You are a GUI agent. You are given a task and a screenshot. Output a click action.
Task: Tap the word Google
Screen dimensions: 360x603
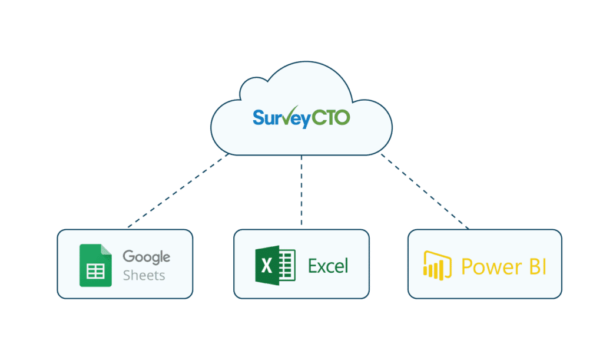146,257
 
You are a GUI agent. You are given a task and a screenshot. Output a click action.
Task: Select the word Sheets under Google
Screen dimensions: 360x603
144,275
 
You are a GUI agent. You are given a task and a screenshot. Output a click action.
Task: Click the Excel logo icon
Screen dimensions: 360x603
274,266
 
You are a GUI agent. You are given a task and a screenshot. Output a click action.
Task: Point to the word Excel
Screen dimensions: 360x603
328,266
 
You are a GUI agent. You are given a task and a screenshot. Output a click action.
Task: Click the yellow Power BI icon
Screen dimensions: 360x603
437,266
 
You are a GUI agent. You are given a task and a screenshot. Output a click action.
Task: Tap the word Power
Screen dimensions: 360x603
486,266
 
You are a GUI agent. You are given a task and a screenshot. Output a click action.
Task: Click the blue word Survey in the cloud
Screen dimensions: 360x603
281,117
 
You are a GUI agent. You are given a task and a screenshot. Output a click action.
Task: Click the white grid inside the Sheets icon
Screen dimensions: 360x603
95,271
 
